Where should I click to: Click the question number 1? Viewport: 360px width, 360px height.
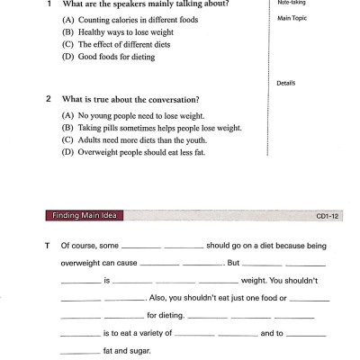(x=49, y=3)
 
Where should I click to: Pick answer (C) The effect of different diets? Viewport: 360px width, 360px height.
(x=116, y=44)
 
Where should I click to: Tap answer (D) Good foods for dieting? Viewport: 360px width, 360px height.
(x=108, y=57)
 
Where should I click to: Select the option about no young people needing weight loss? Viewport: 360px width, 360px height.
(x=134, y=115)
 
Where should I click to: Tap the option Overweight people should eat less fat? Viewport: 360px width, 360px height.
(x=144, y=153)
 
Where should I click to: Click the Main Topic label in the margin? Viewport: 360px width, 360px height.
(x=293, y=17)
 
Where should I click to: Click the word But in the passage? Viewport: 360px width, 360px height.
(x=233, y=263)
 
